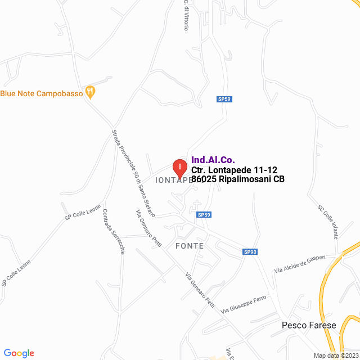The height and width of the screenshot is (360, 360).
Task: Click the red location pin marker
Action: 179,167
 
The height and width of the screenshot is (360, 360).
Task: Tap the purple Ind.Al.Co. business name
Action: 213,160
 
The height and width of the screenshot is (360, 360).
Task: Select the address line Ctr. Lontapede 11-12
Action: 234,170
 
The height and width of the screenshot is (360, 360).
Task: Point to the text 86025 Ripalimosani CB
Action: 238,179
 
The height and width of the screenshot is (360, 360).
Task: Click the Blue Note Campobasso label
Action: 42,93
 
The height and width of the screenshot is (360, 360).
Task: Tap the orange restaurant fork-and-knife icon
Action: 90,91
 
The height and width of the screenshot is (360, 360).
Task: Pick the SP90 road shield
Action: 250,251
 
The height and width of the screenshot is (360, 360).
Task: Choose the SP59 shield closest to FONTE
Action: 204,214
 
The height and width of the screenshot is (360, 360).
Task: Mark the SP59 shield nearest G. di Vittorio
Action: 224,99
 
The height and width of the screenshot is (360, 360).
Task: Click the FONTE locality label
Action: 189,246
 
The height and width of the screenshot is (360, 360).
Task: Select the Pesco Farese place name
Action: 309,325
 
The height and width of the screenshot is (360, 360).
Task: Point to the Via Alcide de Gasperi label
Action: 300,263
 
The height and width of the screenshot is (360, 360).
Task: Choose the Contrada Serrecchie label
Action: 113,232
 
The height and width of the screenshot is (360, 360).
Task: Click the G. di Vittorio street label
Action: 186,15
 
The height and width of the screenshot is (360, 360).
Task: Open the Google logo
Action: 19,353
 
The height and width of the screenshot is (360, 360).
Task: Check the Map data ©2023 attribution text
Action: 336,355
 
